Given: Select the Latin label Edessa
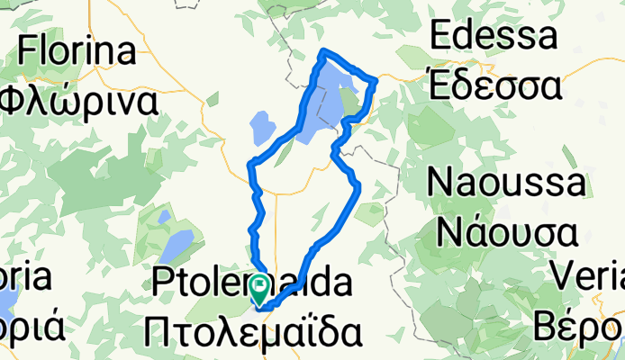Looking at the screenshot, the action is tap(493, 36).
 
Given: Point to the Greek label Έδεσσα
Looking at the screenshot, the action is tap(494, 86).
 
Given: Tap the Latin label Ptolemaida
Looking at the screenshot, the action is tap(252, 285).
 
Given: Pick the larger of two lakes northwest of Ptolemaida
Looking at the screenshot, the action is tap(178, 243).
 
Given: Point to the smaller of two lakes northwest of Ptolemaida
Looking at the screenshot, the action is tap(163, 217).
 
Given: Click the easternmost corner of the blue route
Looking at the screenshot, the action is tap(376, 80).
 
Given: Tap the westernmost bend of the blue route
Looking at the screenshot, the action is tap(249, 164).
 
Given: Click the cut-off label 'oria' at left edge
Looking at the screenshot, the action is tap(28, 278).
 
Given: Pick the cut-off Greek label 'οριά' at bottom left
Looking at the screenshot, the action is tap(31, 326).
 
